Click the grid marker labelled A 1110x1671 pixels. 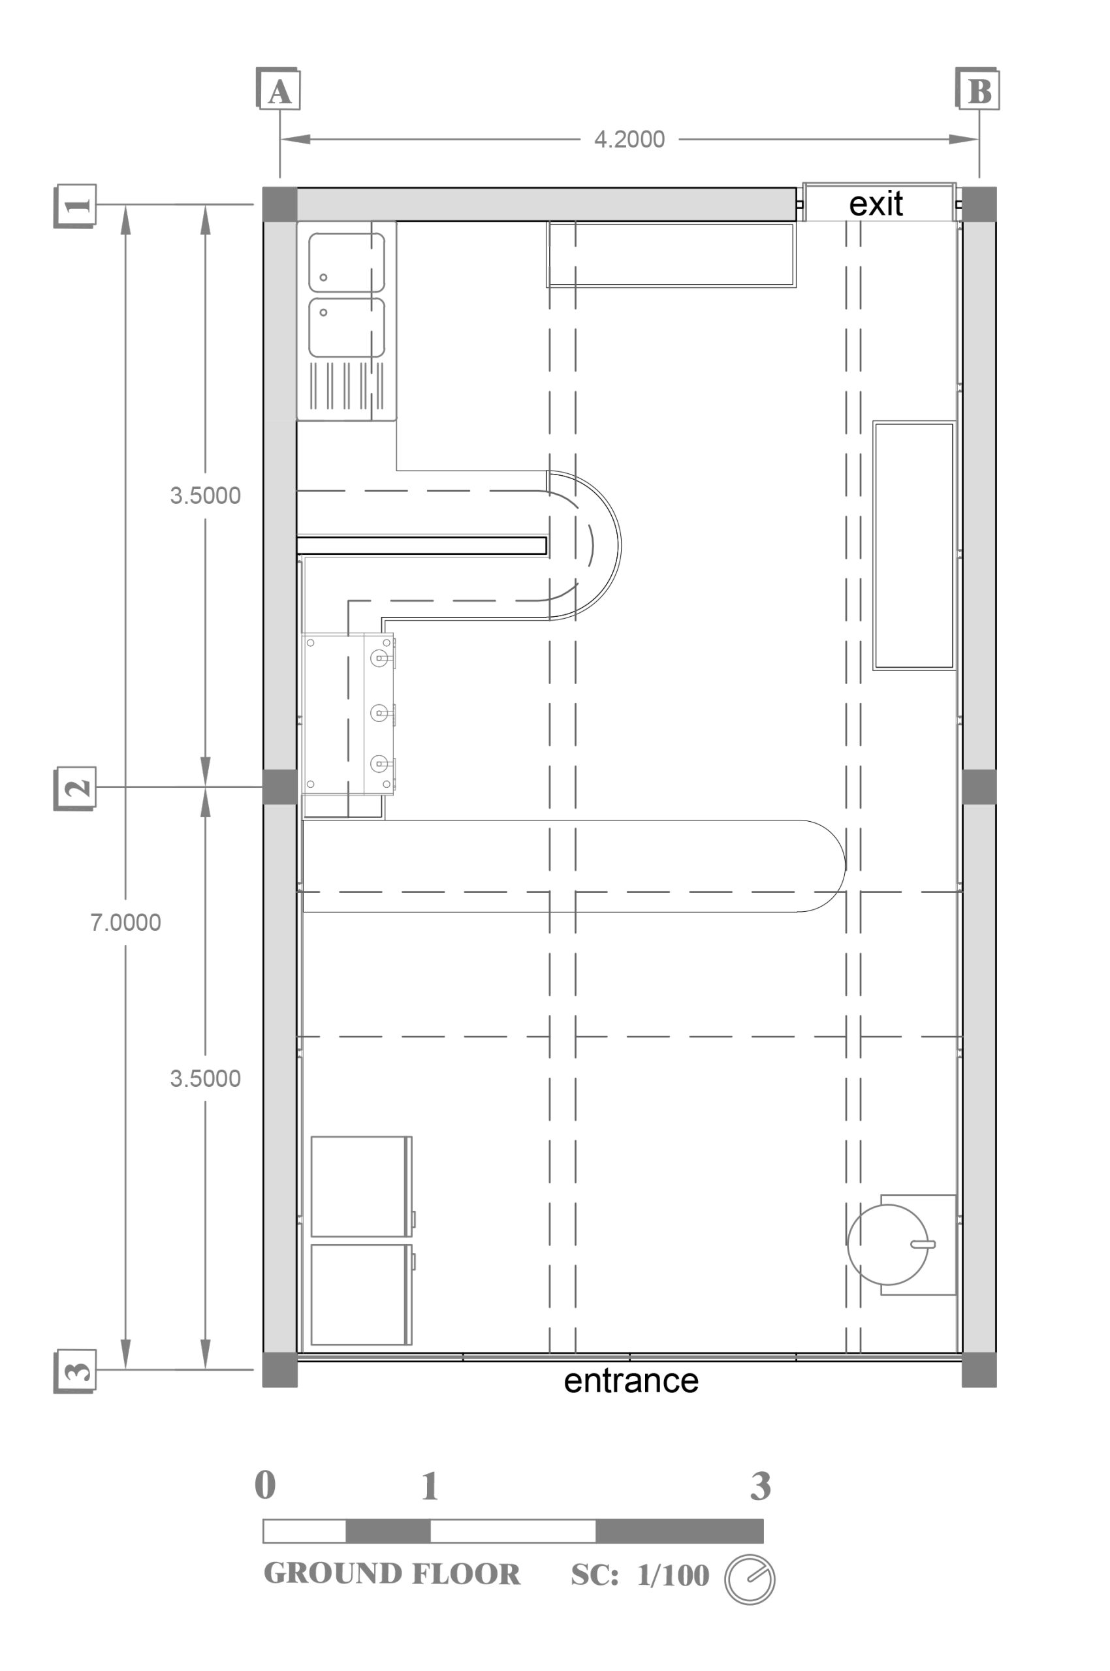point(278,89)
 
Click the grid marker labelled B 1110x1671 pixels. point(977,89)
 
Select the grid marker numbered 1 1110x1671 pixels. point(75,205)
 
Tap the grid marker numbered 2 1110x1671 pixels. point(75,789)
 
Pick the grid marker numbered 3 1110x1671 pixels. point(75,1371)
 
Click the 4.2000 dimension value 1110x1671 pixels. point(629,140)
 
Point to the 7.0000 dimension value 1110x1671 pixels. point(125,922)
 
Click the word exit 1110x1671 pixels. point(876,204)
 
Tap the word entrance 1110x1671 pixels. point(631,1381)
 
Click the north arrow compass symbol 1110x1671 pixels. point(750,1579)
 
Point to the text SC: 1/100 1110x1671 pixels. point(640,1576)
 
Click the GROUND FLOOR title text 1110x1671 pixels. point(392,1574)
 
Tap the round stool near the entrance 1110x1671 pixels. point(888,1245)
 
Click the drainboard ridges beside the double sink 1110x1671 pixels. point(347,386)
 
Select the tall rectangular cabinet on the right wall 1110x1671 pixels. point(914,546)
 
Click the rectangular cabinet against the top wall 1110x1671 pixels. point(671,255)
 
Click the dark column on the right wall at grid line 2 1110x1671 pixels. point(979,787)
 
